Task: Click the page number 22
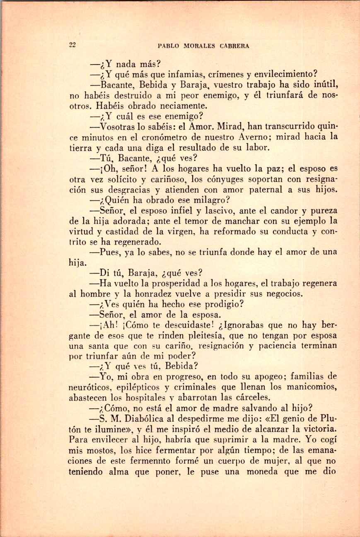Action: tap(72, 45)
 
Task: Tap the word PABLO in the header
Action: tap(167, 46)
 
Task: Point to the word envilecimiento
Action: tap(286, 75)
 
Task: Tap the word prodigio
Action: tap(222, 304)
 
